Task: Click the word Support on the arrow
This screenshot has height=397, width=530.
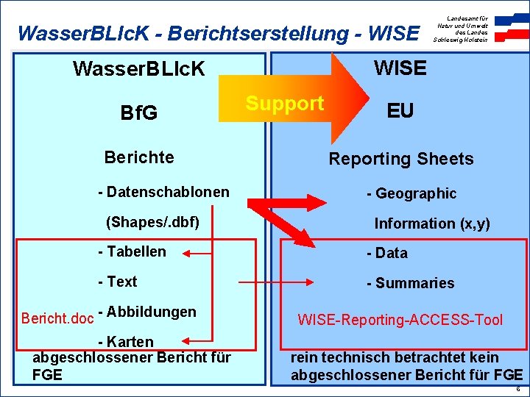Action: pos(285,104)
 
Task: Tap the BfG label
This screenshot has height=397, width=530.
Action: pos(138,114)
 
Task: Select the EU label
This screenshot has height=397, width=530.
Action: pos(400,111)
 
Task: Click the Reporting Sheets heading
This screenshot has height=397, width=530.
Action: pos(400,159)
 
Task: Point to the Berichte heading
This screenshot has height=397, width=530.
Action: pos(139,157)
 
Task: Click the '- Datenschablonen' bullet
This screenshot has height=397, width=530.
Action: pos(163,193)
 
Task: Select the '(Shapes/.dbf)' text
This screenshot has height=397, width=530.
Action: pos(153,221)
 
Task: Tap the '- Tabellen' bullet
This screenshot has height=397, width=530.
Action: pos(132,251)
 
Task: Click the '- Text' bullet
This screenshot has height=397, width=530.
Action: pos(117,282)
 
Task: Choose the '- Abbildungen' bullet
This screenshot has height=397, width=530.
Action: pos(146,312)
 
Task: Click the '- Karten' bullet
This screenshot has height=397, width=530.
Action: pos(126,342)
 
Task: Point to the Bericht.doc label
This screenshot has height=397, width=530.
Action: pos(57,318)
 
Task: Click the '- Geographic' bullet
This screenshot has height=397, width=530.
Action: pos(411,193)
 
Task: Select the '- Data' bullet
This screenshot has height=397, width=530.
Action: pos(387,253)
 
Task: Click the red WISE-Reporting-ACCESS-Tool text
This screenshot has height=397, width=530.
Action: pos(400,319)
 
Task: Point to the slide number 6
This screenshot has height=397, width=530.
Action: pos(517,389)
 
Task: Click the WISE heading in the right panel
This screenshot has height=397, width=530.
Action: pos(400,68)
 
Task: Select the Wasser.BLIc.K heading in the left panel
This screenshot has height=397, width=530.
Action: pos(139,70)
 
